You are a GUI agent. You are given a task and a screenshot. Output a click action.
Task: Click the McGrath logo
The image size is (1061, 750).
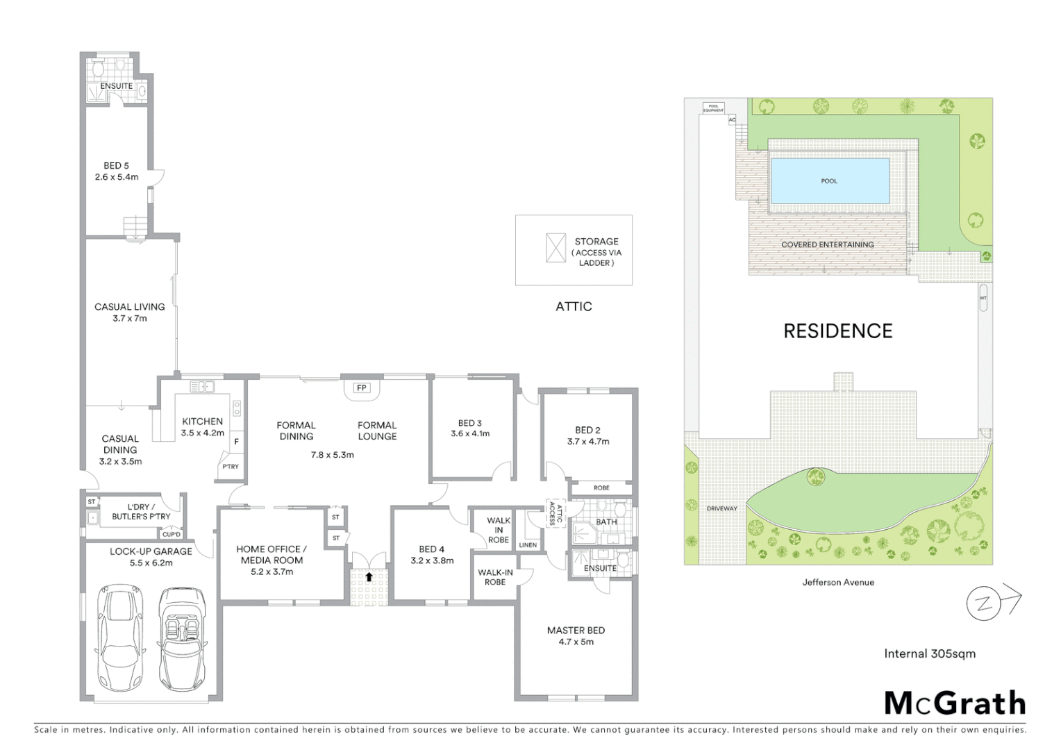click(x=955, y=703)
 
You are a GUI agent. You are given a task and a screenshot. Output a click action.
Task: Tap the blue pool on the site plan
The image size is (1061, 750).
click(x=830, y=181)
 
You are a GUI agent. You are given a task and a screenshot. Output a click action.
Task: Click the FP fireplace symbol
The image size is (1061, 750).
click(x=362, y=387)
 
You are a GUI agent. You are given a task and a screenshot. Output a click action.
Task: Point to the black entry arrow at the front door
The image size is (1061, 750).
click(x=369, y=576)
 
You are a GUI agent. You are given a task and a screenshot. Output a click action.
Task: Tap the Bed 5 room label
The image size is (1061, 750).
click(x=117, y=166)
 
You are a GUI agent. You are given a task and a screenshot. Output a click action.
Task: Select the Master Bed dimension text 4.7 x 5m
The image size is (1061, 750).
click(x=576, y=642)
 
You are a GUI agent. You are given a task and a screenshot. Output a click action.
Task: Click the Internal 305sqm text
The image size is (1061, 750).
click(x=929, y=653)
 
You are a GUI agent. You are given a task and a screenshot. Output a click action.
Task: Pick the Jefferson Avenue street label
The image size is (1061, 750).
click(x=838, y=582)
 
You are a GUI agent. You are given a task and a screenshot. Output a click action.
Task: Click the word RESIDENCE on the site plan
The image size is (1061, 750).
click(x=837, y=331)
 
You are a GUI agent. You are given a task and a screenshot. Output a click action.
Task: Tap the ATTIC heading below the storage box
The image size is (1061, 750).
click(x=574, y=306)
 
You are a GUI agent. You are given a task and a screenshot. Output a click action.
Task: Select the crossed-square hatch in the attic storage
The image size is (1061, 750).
click(x=556, y=248)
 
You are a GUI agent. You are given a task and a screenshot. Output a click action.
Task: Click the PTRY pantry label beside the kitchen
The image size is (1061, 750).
click(x=231, y=466)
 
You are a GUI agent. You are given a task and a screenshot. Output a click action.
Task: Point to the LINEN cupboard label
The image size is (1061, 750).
click(x=528, y=545)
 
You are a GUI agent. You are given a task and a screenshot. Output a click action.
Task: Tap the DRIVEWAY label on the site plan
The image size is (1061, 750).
click(x=722, y=508)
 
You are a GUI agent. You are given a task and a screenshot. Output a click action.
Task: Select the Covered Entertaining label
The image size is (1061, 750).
click(x=827, y=244)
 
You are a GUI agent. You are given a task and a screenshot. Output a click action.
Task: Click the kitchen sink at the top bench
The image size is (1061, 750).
click(x=202, y=386)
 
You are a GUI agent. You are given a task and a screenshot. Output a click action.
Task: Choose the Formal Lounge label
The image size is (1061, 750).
click(x=377, y=431)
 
